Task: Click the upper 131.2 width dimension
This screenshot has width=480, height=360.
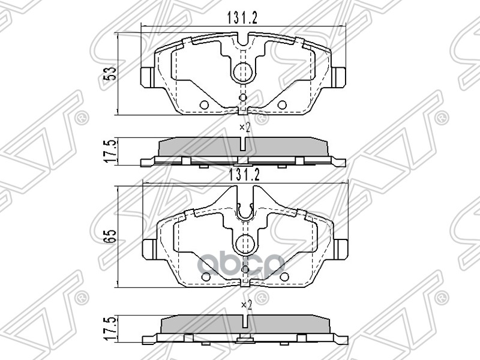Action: click(242, 19)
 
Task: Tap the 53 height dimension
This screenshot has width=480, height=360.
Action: click(109, 73)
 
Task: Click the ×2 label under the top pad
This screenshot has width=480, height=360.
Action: click(244, 127)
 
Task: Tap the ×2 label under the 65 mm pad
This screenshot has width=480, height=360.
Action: click(244, 305)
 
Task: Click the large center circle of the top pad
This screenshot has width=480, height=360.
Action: click(243, 71)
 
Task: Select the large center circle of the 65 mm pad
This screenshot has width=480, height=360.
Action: click(244, 244)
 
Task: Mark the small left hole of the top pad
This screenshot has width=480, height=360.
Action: click(203, 106)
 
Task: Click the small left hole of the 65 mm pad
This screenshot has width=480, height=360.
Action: click(205, 277)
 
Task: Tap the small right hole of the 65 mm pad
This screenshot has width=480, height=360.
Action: click(284, 277)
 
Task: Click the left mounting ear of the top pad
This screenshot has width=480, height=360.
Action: click(148, 76)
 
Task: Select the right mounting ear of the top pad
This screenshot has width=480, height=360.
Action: click(338, 76)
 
